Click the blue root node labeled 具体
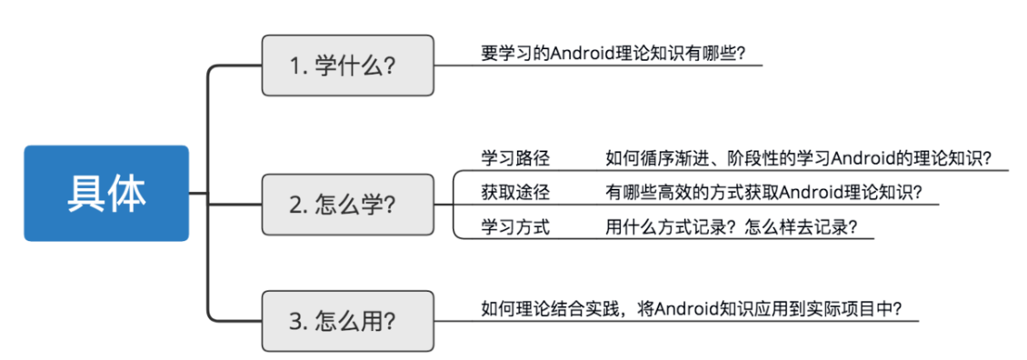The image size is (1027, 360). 106,193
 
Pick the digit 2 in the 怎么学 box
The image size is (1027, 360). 295,205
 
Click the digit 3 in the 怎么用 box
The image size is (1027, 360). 295,321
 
